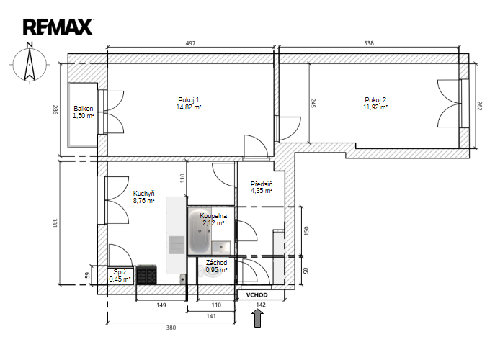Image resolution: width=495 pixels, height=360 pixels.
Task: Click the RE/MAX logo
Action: pyautogui.click(x=58, y=27)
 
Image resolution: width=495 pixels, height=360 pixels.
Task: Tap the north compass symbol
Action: pyautogui.click(x=30, y=63)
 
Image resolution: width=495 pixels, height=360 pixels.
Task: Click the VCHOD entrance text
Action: pyautogui.click(x=257, y=295)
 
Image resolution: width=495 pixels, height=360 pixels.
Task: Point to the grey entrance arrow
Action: pyautogui.click(x=258, y=318)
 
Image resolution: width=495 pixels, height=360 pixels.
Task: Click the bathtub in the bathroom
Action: pyautogui.click(x=200, y=230)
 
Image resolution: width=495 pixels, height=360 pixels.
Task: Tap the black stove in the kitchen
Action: pyautogui.click(x=146, y=274)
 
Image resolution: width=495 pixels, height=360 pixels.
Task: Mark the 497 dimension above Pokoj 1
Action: pyautogui.click(x=191, y=43)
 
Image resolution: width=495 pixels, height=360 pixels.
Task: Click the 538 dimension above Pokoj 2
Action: pyautogui.click(x=369, y=43)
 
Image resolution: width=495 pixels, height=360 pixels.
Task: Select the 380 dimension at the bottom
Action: pyautogui.click(x=171, y=328)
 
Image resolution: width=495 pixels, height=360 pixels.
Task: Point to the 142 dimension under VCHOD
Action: pyautogui.click(x=261, y=305)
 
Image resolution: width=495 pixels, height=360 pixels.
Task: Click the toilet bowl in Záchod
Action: pyautogui.click(x=212, y=271)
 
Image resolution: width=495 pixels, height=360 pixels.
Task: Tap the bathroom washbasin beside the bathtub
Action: pyautogui.click(x=221, y=247)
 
